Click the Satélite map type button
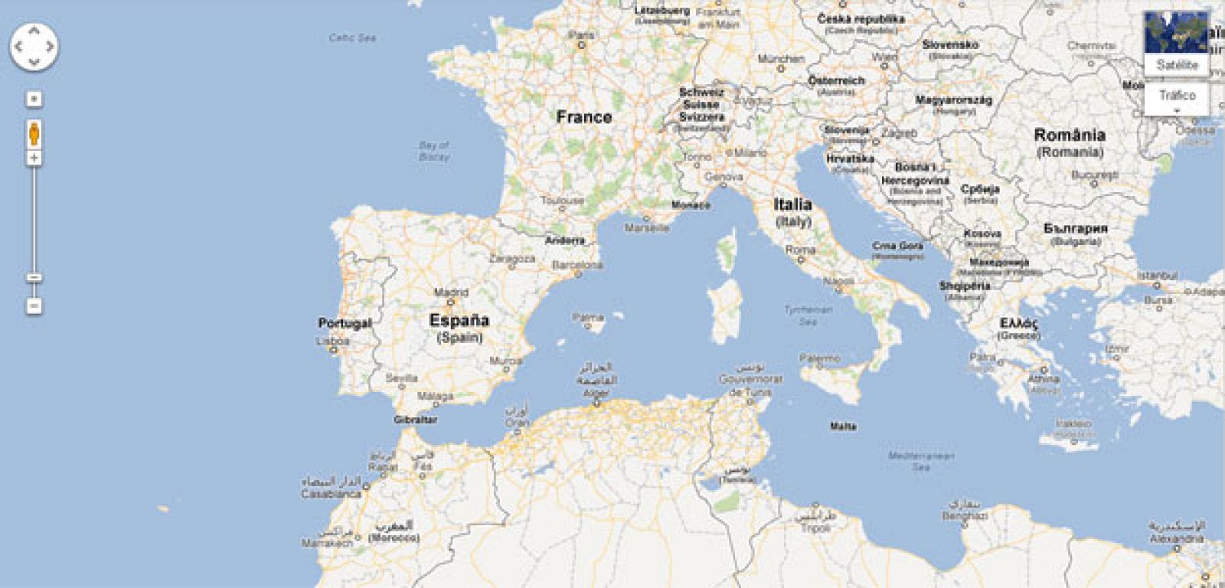point(1177,65)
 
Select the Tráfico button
point(1177,96)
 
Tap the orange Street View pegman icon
point(34,133)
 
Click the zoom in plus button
point(34,158)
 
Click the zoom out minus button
point(34,305)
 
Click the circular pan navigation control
point(34,46)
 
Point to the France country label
point(583,117)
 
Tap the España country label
point(459,321)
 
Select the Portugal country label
point(345,323)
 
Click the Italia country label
point(792,204)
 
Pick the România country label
point(1070,136)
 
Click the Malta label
point(843,426)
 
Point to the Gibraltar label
point(415,420)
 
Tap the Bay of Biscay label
point(434,150)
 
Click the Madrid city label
point(451,292)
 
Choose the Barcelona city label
point(577,265)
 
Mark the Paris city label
point(582,35)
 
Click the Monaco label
point(691,205)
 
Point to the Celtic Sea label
point(352,38)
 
